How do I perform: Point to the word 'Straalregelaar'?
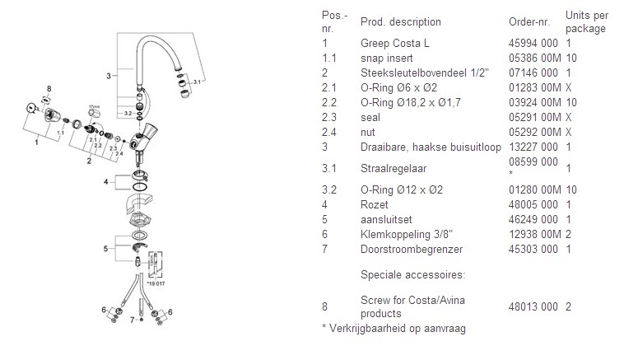(392, 167)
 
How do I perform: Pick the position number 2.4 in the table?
(326, 132)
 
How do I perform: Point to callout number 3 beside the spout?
(109, 76)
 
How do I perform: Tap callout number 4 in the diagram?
(105, 180)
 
